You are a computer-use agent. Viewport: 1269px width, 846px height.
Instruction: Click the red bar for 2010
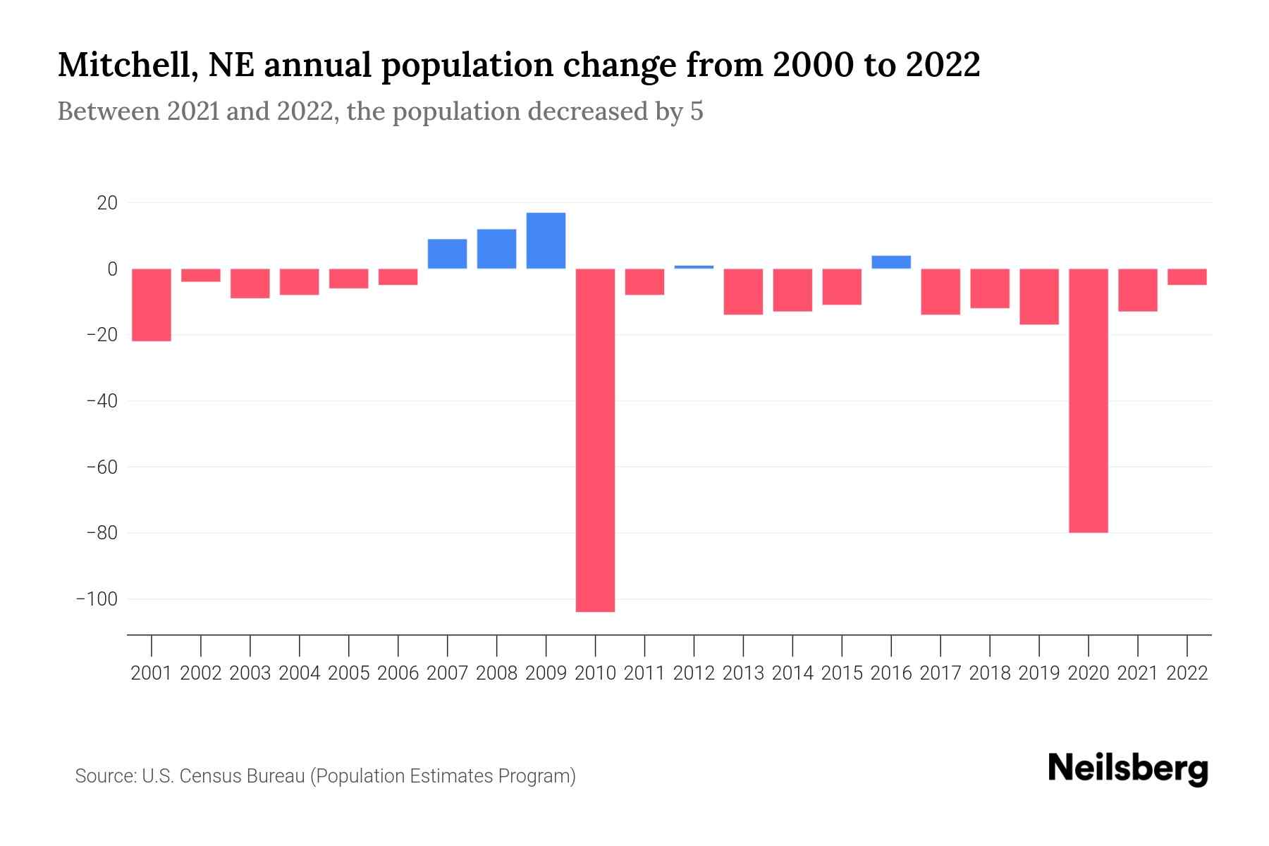595,440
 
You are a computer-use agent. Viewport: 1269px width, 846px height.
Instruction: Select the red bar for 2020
1088,400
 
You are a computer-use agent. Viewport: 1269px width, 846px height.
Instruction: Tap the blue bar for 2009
546,240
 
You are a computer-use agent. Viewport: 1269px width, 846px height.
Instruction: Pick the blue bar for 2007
447,254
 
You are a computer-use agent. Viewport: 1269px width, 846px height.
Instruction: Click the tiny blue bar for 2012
694,267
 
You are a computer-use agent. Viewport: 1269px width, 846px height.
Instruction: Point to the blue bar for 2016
891,262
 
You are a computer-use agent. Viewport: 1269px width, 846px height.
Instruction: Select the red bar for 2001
152,305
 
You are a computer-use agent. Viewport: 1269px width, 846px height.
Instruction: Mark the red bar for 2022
1187,276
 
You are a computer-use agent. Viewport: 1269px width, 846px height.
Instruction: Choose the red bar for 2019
1038,296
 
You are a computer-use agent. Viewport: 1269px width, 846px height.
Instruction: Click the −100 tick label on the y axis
97,599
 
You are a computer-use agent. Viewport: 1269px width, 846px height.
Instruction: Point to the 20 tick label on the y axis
107,203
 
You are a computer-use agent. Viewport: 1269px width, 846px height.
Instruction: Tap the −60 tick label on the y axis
102,467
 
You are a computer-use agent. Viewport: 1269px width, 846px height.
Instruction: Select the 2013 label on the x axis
743,673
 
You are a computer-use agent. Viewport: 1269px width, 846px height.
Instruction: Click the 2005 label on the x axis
348,673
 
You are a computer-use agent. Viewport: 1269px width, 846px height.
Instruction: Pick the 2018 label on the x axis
989,673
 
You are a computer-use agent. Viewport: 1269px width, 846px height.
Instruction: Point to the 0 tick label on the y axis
112,269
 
